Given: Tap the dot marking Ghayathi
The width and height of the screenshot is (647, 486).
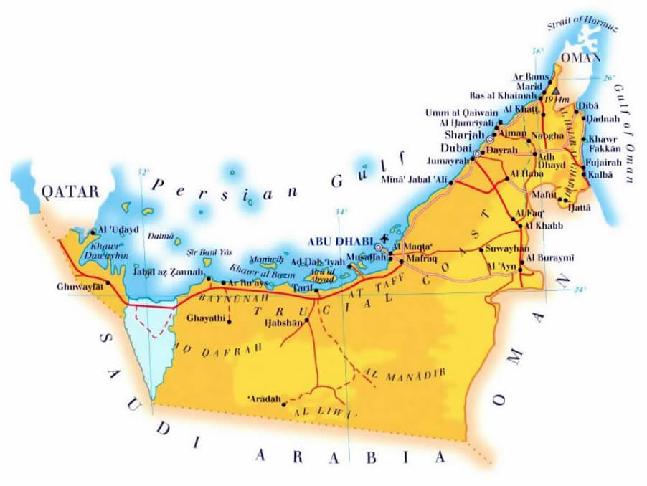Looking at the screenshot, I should click(228, 320).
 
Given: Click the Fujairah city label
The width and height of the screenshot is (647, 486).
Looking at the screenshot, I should click(604, 163).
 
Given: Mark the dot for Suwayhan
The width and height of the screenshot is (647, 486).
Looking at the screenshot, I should click(481, 250).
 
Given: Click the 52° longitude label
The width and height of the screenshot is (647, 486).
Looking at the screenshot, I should click(144, 172).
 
